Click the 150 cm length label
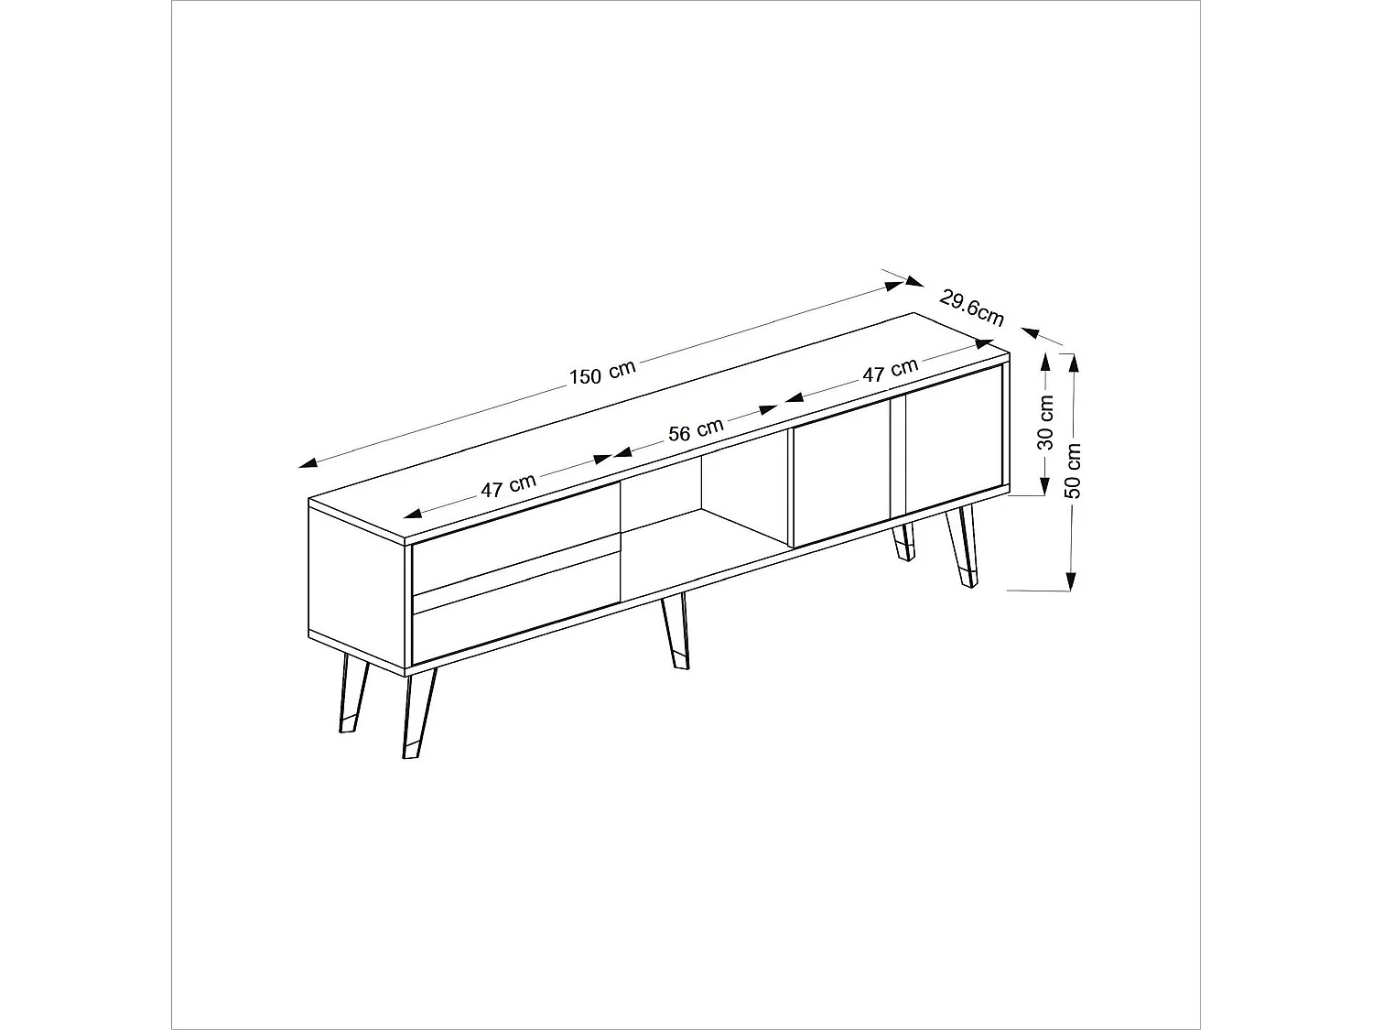pyautogui.click(x=601, y=374)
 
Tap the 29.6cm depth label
pyautogui.click(x=971, y=307)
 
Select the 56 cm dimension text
pyautogui.click(x=696, y=429)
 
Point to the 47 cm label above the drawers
pyautogui.click(x=508, y=485)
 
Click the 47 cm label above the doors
pyautogui.click(x=890, y=371)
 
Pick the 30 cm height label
pyautogui.click(x=1046, y=422)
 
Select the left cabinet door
pyautogui.click(x=840, y=473)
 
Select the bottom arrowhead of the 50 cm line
pyautogui.click(x=1071, y=581)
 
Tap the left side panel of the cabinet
pyautogui.click(x=356, y=587)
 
